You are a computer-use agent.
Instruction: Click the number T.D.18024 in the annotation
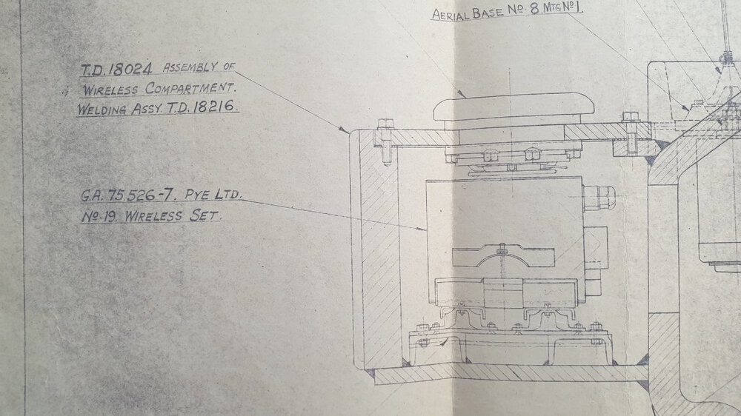(x=116, y=70)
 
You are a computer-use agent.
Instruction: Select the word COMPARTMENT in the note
(x=190, y=88)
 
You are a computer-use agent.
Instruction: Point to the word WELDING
(x=102, y=110)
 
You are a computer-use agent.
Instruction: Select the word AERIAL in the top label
(x=451, y=14)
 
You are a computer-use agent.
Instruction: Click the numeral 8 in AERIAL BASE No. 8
(x=534, y=9)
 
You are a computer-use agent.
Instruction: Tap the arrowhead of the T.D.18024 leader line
(x=345, y=130)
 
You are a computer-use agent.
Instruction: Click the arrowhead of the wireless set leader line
(x=422, y=229)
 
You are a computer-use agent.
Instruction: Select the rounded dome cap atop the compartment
(x=514, y=107)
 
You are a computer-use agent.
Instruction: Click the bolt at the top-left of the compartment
(x=385, y=141)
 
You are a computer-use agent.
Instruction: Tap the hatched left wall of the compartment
(x=380, y=249)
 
